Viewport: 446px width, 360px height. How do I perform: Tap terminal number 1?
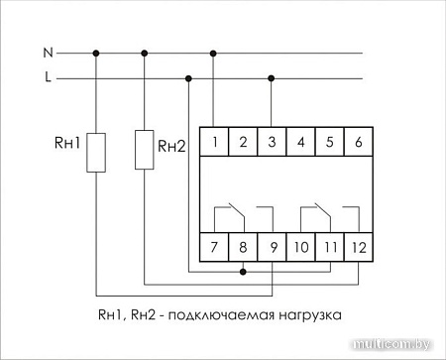215,143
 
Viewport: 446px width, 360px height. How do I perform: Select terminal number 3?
273,143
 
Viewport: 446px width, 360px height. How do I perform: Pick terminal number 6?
358,143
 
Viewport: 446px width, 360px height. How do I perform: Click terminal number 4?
301,143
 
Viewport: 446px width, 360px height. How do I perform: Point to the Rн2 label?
172,146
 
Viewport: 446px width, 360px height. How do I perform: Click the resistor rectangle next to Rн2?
145,149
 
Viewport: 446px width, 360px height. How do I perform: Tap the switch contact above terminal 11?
316,211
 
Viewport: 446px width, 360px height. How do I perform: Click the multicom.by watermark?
392,345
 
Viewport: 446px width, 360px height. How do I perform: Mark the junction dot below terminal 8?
244,270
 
